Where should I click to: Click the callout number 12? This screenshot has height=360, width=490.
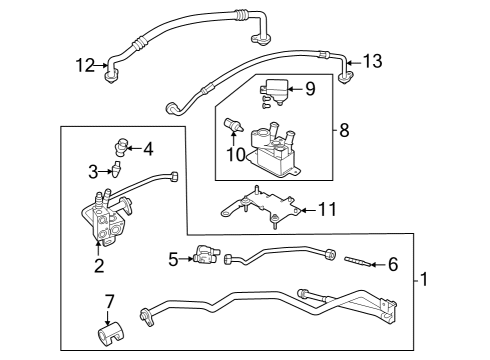coord(85,66)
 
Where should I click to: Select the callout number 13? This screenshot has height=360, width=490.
coord(372,62)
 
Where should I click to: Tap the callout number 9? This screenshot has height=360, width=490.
coord(310,89)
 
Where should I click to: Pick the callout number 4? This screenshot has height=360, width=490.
coord(148,150)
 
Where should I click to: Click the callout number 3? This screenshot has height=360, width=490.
coord(92,171)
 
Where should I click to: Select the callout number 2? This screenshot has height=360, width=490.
coord(99,265)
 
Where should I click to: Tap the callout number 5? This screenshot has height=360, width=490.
coord(173,259)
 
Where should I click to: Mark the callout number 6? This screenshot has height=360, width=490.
coord(392,264)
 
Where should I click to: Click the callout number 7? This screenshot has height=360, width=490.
coord(110,299)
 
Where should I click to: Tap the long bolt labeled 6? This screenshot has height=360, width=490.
coord(358,264)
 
